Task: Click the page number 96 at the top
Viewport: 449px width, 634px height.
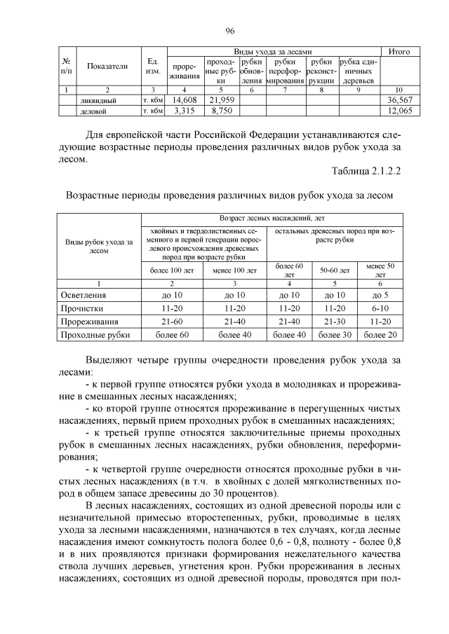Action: coord(229,30)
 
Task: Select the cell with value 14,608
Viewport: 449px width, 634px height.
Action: coord(185,101)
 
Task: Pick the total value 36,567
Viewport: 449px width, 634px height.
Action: coord(399,101)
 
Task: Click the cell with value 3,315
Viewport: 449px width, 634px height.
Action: coord(185,111)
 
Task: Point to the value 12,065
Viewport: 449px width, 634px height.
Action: coord(399,111)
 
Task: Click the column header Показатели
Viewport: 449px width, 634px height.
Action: coord(107,67)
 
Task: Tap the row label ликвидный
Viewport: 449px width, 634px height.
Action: coord(98,101)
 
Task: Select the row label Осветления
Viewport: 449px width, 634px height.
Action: coord(89,295)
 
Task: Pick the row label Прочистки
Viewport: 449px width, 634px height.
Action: coord(85,308)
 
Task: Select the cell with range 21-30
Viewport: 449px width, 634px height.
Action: coord(334,322)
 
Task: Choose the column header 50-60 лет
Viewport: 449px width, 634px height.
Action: coord(334,269)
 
